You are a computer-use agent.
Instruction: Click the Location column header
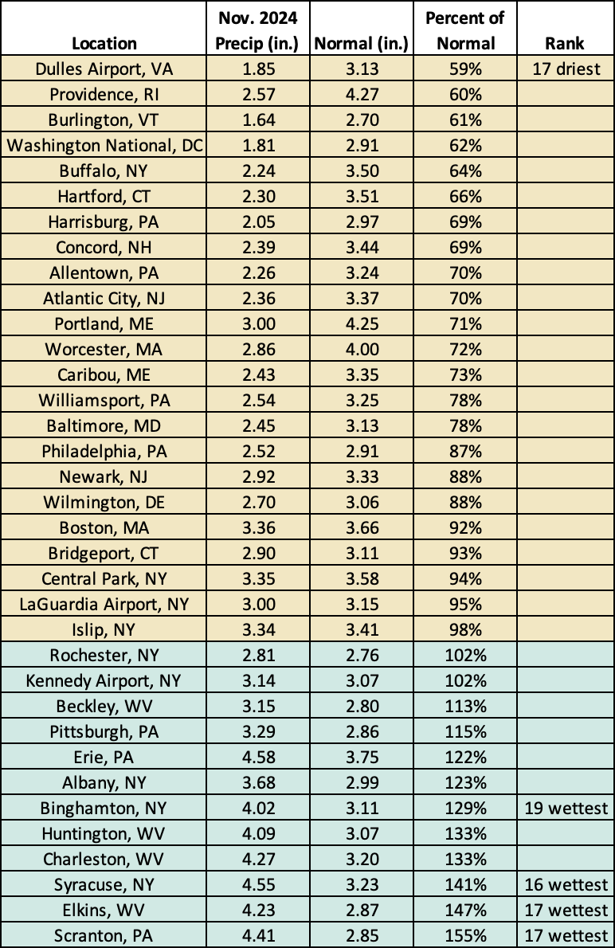104,44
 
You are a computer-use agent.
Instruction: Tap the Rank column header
565,44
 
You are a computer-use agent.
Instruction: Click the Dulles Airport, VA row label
104,69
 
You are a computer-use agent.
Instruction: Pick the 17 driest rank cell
565,69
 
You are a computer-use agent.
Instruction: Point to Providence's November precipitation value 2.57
258,95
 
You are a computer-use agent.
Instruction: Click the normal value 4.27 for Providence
362,95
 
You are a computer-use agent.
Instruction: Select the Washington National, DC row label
104,146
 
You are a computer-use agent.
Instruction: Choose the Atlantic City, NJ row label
104,299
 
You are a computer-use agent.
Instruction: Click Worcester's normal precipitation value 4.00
362,350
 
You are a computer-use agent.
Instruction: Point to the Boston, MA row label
104,528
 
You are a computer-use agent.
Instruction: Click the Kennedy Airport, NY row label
104,681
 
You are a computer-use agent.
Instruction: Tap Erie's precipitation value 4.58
258,758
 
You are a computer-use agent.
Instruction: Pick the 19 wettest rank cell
566,809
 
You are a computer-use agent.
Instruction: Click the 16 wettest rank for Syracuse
566,885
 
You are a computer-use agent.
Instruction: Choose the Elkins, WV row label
104,911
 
